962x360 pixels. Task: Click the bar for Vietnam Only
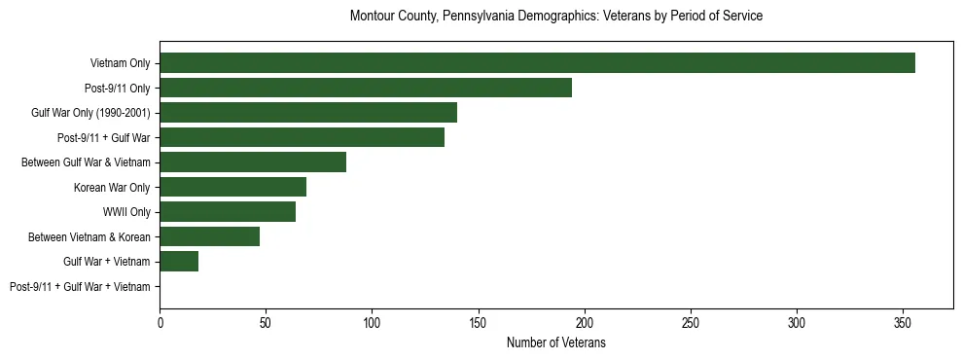(537, 63)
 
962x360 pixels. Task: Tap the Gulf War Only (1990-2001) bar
(308, 113)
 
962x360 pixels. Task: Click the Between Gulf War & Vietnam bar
(253, 162)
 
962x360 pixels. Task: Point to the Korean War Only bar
(232, 187)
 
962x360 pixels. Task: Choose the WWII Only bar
(228, 212)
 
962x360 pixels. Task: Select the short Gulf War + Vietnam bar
(179, 261)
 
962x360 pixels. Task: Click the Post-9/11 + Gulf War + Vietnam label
(80, 286)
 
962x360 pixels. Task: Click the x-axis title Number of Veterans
(555, 342)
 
